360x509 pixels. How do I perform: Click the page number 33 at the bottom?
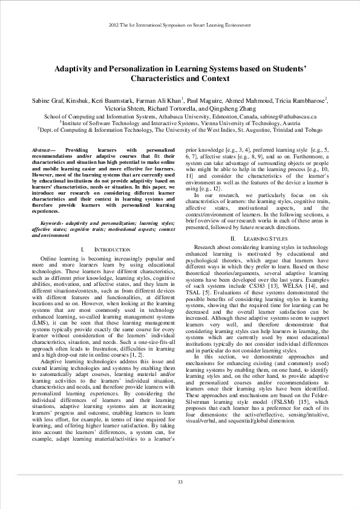click(x=180, y=481)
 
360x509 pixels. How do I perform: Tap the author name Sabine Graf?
click(x=48, y=100)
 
